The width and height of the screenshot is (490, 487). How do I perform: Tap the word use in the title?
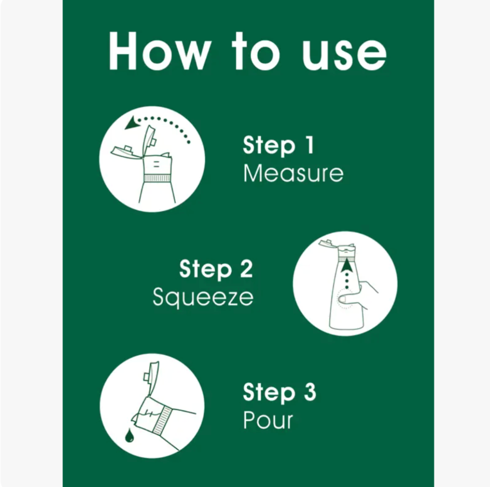(x=344, y=55)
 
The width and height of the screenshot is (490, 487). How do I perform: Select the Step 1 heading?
(x=278, y=145)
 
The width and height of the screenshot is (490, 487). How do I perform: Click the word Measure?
(x=293, y=173)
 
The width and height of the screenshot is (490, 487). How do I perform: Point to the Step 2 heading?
(x=216, y=269)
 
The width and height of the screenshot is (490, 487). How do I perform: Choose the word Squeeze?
(x=203, y=297)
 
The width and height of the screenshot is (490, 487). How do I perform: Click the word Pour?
(x=268, y=420)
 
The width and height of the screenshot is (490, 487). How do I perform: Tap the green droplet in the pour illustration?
(x=129, y=435)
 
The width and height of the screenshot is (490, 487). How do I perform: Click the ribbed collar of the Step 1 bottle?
(x=157, y=179)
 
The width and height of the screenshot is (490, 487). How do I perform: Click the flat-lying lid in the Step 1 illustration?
(x=127, y=152)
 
